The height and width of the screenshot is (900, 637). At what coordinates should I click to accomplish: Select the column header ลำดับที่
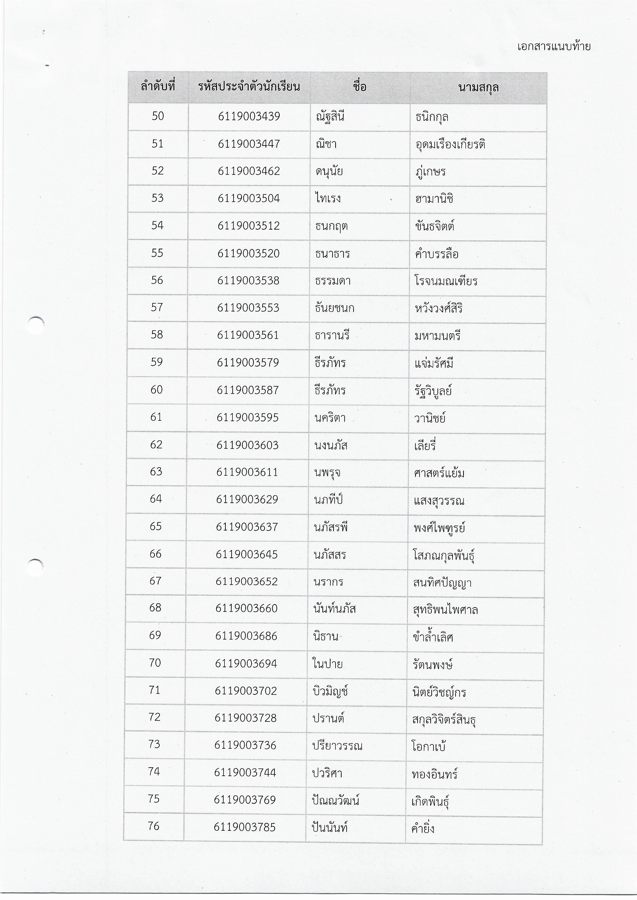click(x=158, y=87)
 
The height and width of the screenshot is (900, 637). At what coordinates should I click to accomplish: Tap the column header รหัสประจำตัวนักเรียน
click(x=249, y=87)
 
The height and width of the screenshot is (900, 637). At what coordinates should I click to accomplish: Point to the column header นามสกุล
click(x=478, y=87)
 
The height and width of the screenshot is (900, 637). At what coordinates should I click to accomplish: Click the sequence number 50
click(x=158, y=116)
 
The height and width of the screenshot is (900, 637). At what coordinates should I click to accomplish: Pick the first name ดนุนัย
click(x=329, y=171)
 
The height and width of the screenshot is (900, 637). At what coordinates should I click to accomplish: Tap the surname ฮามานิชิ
click(x=434, y=199)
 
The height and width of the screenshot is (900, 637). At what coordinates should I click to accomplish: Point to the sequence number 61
click(x=156, y=417)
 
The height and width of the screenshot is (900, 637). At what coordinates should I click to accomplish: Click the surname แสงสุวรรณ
click(x=439, y=500)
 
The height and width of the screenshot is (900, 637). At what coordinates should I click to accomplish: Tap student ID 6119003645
click(x=247, y=554)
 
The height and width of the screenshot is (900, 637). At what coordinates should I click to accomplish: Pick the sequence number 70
click(x=155, y=663)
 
